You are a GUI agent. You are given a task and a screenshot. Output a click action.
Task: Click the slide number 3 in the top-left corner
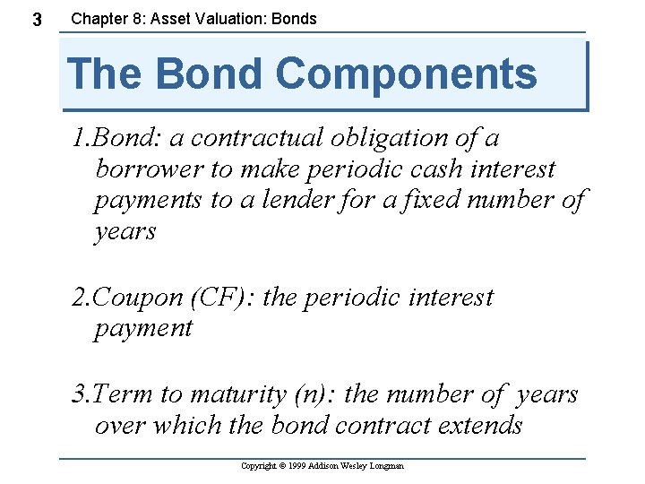coord(37,19)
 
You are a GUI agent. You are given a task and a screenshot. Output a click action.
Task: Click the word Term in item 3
coord(122,394)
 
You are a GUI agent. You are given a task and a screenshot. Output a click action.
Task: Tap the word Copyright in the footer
coord(259,466)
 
